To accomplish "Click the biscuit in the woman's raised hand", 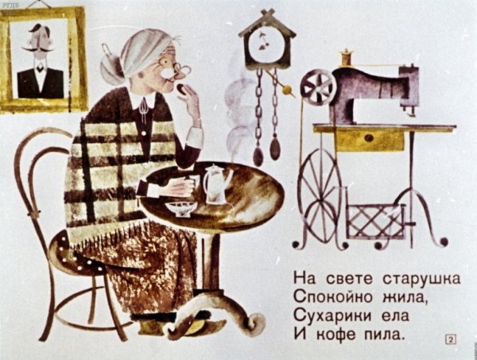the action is tap(180, 87).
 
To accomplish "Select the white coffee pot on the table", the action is tap(215, 184).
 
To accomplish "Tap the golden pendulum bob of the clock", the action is tap(287, 90).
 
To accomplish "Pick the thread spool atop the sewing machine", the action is tap(346, 57).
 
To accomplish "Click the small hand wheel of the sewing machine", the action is tap(318, 87).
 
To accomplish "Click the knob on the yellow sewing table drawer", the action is tap(369, 138).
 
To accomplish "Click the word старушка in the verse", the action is tap(421, 279).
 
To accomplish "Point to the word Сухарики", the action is tap(333, 316).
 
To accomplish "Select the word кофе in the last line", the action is tap(336, 335).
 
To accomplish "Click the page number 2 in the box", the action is tap(451, 339).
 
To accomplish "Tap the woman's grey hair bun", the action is tap(112, 69).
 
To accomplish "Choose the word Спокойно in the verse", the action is tap(333, 297).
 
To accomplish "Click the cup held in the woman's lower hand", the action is tap(192, 183).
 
